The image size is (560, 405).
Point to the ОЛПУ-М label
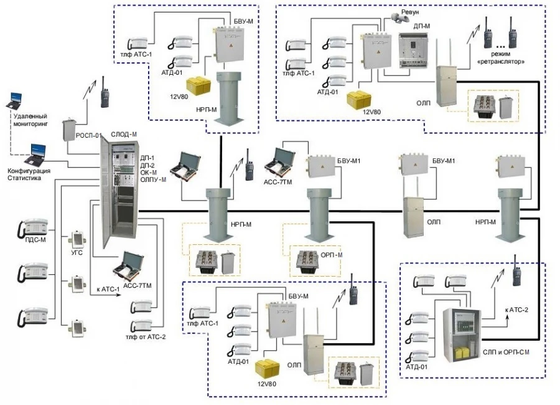tap(154, 179)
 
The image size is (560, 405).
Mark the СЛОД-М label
tap(124, 134)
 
